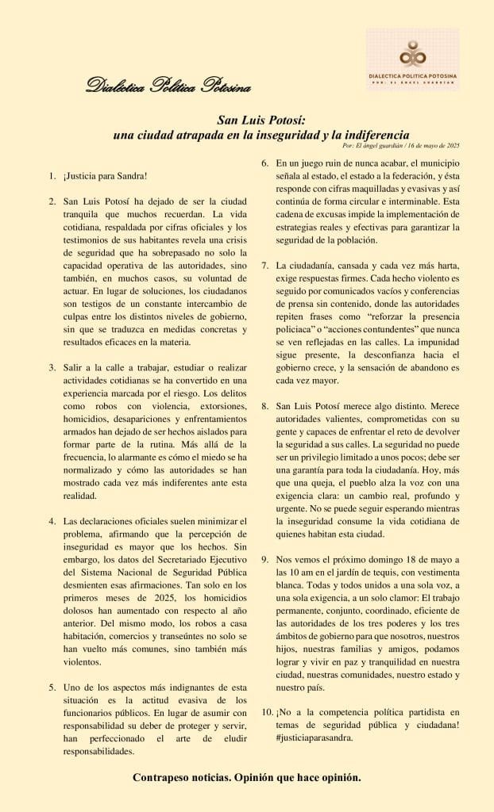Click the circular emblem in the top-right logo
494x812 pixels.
tap(411, 54)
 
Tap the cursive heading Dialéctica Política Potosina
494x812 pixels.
tap(168, 85)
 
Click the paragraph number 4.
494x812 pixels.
tap(52, 521)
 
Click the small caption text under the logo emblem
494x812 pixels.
tap(413, 78)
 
